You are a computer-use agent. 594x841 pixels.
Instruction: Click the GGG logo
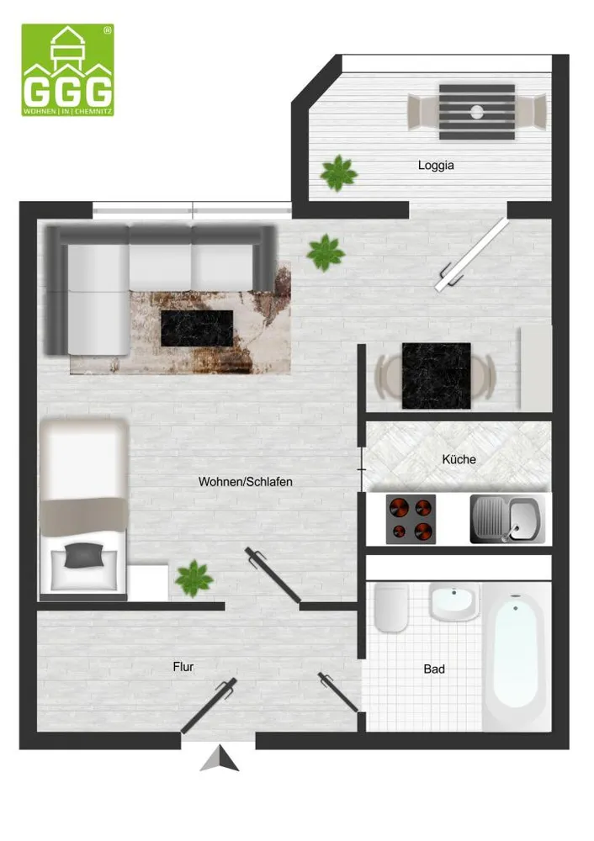tap(67, 70)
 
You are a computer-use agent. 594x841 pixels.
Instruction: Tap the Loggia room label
tap(436, 165)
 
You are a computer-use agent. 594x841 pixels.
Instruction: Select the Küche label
tap(459, 459)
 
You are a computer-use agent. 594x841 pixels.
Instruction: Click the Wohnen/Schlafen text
tap(245, 482)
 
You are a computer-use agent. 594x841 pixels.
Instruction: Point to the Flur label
tap(183, 667)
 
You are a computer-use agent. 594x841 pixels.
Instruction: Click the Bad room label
tap(434, 669)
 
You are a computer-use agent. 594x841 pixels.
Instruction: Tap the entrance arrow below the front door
tap(220, 758)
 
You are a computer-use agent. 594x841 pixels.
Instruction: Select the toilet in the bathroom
tap(391, 608)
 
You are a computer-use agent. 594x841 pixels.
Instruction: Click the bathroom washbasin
tap(454, 602)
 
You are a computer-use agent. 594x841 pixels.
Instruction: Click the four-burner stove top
tap(411, 519)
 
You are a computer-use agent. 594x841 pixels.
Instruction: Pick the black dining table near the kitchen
tap(436, 376)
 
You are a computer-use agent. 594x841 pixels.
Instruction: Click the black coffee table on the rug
tap(197, 328)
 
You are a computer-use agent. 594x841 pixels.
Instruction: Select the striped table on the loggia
tap(477, 112)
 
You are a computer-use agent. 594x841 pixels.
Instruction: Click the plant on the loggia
tap(338, 172)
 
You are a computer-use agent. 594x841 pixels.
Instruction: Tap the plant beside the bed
tap(194, 579)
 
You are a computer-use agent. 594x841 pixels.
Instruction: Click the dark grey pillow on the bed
tap(83, 555)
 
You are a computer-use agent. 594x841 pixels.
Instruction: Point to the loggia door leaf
tap(472, 255)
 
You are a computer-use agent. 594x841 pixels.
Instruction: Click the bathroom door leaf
tap(338, 692)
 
